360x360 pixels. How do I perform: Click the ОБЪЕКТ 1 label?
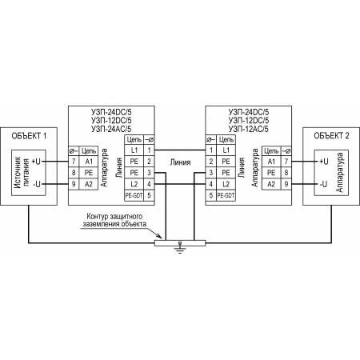[29, 136]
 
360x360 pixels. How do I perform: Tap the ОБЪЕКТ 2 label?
[331, 136]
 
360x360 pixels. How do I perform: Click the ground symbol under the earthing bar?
[180, 247]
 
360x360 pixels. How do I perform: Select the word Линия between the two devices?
[180, 162]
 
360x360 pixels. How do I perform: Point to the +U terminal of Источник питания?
[36, 162]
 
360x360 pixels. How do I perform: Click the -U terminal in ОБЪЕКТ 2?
[324, 184]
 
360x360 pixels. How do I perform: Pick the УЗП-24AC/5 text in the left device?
[111, 129]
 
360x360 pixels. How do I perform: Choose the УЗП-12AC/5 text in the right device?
[249, 129]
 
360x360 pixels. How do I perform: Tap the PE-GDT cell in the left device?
[134, 195]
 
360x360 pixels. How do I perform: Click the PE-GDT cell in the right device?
[226, 195]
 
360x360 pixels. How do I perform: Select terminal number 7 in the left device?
[74, 162]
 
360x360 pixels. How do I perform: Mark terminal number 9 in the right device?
[286, 184]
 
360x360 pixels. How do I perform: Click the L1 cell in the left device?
[134, 150]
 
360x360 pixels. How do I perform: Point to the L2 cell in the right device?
[226, 184]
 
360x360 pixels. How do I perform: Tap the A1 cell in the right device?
[271, 162]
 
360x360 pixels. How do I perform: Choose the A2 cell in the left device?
[89, 184]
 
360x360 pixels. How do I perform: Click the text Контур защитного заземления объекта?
[114, 220]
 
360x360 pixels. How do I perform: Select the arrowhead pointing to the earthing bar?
[159, 236]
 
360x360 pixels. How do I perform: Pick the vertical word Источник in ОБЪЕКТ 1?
[18, 173]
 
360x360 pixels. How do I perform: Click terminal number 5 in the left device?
[149, 195]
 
